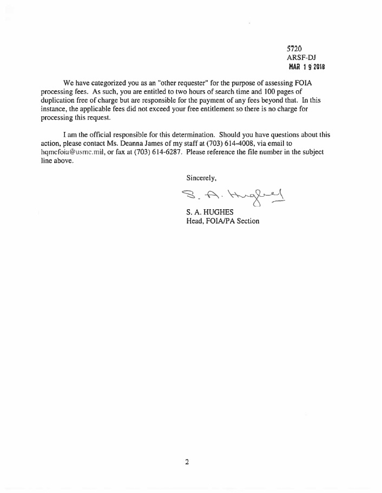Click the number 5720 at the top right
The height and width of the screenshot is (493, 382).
point(294,49)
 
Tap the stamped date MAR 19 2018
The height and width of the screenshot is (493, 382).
point(306,67)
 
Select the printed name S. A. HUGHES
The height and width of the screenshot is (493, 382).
point(209,212)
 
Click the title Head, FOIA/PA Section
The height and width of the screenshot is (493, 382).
point(222,221)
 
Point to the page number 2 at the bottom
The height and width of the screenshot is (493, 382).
point(187,462)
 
